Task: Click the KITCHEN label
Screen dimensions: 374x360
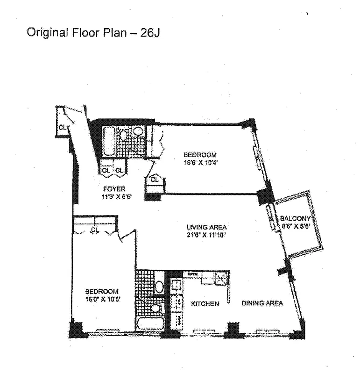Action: (x=205, y=304)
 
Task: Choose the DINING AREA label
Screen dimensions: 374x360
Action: (x=262, y=303)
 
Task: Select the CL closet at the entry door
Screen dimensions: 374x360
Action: (x=62, y=126)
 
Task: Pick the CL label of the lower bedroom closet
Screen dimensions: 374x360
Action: (x=95, y=230)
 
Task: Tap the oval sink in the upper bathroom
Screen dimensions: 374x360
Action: (x=138, y=131)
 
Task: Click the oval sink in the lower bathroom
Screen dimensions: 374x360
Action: (x=159, y=286)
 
